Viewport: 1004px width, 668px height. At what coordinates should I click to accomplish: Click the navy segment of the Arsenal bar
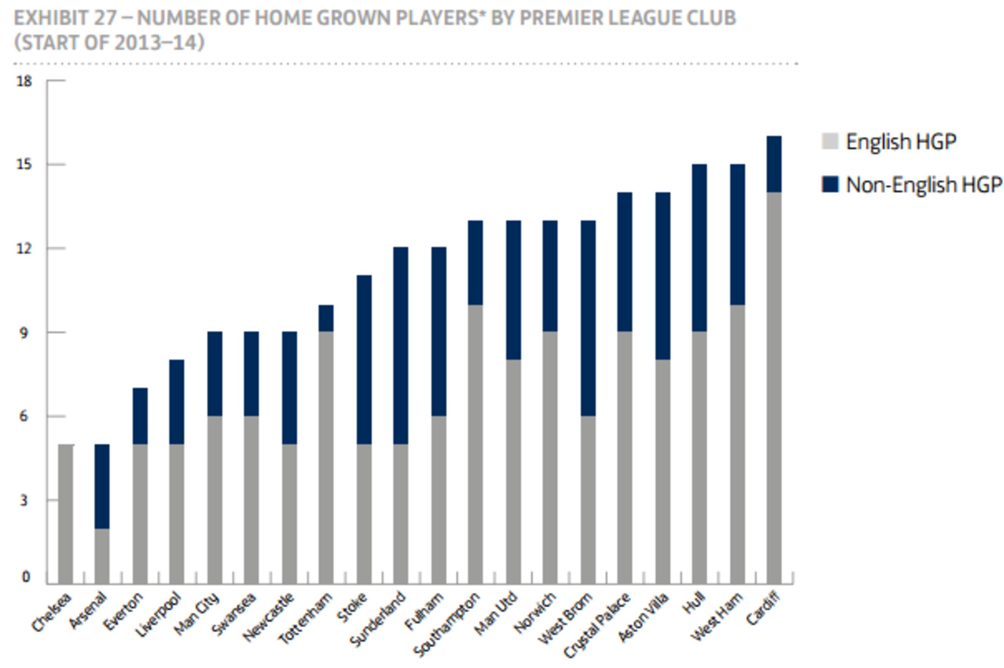pos(102,486)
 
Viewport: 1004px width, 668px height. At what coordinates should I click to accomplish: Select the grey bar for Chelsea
pos(65,514)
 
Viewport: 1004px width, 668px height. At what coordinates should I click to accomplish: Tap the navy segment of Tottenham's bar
pos(326,318)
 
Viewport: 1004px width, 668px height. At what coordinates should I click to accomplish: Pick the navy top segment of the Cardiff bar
pos(774,164)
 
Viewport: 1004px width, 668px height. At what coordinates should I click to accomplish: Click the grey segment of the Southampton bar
pos(475,444)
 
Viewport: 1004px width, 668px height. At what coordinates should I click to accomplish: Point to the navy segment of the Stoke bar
pos(364,360)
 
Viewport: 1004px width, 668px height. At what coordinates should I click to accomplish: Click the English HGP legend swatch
pos(829,141)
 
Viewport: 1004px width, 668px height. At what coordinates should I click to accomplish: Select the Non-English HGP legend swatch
pos(829,185)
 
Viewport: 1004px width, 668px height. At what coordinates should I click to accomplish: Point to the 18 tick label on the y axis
pos(24,81)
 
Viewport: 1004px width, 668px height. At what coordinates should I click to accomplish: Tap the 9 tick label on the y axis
pos(24,332)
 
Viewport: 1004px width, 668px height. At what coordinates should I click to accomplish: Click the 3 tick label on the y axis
pos(24,500)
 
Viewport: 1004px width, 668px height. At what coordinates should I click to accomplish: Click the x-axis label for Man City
pos(197,614)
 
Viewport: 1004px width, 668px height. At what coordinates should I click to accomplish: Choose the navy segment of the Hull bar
pos(699,248)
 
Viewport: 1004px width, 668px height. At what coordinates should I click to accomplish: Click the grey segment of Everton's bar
pos(140,514)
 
